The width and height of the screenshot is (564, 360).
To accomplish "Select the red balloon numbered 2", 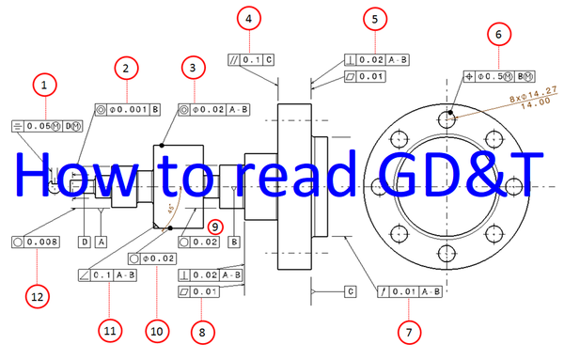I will pos(126,68).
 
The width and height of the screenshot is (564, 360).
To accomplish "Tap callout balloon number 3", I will pos(192,68).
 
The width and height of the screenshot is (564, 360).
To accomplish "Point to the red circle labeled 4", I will pos(248,18).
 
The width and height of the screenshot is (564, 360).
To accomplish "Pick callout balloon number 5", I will pos(374,18).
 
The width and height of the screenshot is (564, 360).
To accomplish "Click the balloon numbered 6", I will pos(498,34).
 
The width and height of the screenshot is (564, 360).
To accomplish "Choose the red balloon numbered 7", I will pos(408,331).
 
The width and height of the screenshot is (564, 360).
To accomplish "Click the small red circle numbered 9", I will pos(215,226).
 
